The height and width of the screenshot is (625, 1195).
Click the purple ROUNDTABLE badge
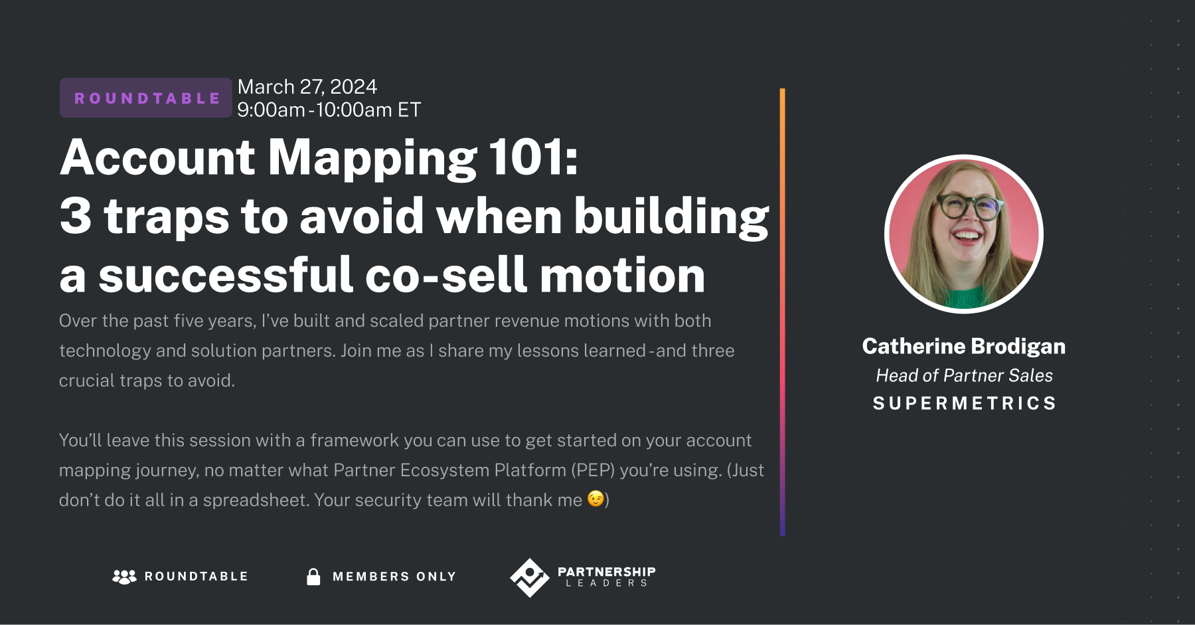(x=146, y=98)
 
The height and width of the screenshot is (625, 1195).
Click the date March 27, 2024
(x=307, y=87)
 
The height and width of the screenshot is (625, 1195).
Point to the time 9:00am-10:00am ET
(x=329, y=110)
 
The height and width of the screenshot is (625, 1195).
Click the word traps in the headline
(x=167, y=217)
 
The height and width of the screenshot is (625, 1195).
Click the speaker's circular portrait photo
(x=964, y=234)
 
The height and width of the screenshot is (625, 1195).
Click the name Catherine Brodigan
(x=964, y=347)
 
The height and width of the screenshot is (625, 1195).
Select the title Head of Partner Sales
(x=964, y=376)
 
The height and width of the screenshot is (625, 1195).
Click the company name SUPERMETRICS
(x=964, y=404)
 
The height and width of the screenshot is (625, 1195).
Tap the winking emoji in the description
(x=596, y=499)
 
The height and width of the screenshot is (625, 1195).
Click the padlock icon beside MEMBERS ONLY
(x=313, y=577)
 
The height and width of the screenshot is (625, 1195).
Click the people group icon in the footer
(x=124, y=577)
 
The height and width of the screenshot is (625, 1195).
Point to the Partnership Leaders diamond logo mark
(x=529, y=577)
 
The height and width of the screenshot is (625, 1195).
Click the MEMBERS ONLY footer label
(x=394, y=577)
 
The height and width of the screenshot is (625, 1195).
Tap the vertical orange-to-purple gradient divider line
(x=783, y=312)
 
